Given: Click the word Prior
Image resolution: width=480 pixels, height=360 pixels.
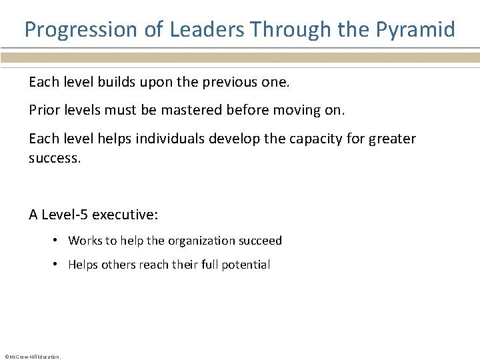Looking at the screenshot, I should click(x=43, y=110).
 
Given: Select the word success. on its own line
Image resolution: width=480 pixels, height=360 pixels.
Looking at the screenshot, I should click(x=55, y=159).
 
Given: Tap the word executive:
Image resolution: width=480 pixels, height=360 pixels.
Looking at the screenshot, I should click(x=125, y=215).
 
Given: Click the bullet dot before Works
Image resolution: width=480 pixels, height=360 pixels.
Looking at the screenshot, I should click(x=58, y=241).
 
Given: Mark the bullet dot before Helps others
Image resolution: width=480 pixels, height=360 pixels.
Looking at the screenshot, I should click(x=58, y=265).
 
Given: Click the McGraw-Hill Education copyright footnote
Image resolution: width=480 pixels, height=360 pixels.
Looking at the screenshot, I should click(x=33, y=357).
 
